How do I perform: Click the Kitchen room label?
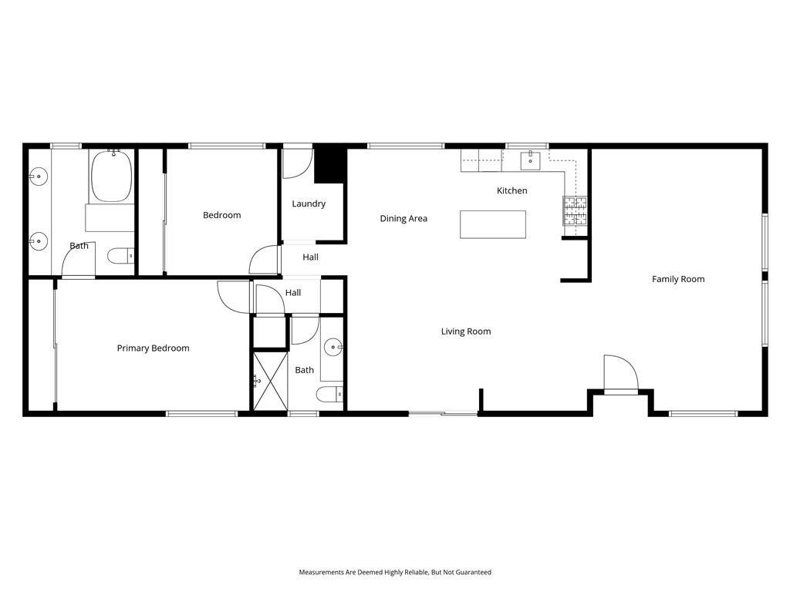(511, 190)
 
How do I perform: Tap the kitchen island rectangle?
(493, 224)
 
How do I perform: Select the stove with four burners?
(574, 210)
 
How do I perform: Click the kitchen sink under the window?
(529, 160)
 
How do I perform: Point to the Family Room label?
(678, 279)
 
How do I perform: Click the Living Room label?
(466, 331)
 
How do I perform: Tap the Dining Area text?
(403, 218)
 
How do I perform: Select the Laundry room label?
(309, 203)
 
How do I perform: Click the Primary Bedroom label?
(153, 348)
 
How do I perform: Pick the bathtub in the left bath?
(113, 177)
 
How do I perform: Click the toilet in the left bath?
(120, 255)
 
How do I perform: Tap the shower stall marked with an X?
(269, 380)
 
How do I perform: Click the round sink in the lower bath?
(333, 347)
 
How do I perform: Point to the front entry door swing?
(621, 374)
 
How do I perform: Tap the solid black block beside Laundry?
(329, 163)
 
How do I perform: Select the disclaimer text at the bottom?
(395, 572)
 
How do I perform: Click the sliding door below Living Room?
(443, 415)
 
